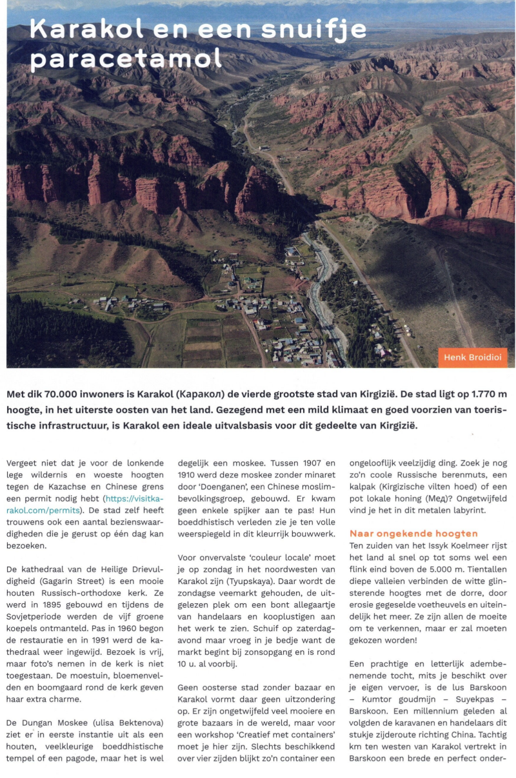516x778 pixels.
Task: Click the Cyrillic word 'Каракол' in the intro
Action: tap(209, 394)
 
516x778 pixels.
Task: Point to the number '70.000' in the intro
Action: tap(68, 394)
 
